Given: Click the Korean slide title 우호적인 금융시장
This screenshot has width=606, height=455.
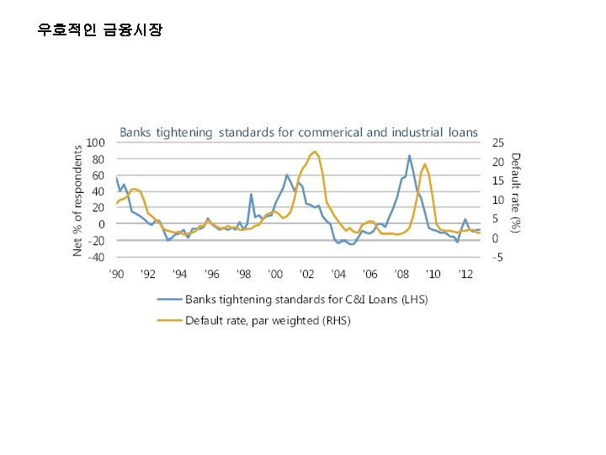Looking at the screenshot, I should [x=100, y=30].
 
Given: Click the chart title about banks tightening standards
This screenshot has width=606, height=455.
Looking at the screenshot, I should [x=298, y=132].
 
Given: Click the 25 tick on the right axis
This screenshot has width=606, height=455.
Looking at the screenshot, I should [x=498, y=142].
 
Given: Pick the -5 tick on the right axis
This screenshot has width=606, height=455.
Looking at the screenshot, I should [x=498, y=257].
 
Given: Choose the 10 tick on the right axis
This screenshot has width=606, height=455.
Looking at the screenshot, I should [x=498, y=201].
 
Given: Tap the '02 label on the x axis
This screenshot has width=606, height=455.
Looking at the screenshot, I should [x=306, y=274].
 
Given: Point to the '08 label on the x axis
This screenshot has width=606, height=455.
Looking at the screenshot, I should [x=401, y=274].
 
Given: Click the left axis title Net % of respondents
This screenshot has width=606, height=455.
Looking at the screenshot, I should [x=78, y=200].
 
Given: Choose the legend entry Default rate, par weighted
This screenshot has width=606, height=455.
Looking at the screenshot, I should [x=268, y=320].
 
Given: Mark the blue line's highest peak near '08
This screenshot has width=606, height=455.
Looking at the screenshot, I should [x=410, y=155].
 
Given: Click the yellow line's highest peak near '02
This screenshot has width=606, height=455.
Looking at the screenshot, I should [x=315, y=152].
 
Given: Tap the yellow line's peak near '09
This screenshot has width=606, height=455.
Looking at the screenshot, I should [x=425, y=164].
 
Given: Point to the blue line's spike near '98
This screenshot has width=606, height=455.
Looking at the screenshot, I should [x=251, y=195].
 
